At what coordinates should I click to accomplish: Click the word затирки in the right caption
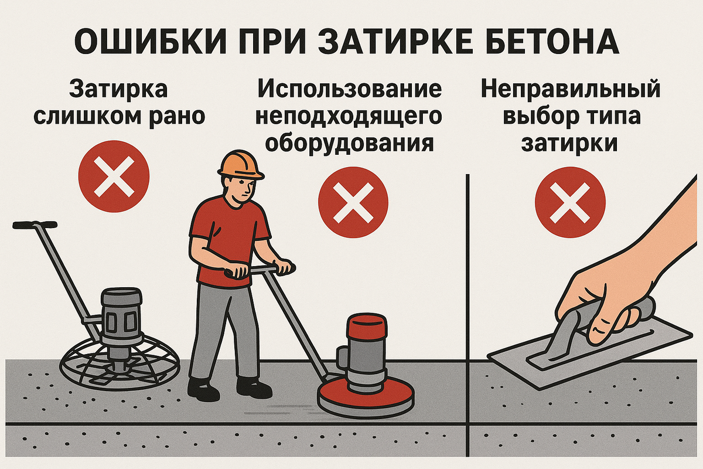point(569,144)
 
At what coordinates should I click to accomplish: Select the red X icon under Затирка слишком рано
point(114,176)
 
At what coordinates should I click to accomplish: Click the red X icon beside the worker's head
point(353,202)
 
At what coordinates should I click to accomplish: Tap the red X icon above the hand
point(570,202)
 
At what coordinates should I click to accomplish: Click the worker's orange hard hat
point(241,165)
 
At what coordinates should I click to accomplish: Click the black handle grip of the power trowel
point(35,225)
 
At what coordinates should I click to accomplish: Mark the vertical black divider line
point(467,315)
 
